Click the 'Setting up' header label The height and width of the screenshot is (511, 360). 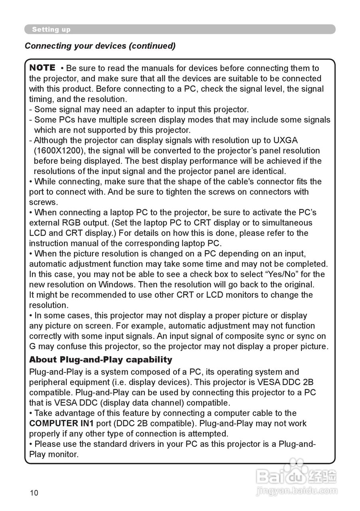pos(51,30)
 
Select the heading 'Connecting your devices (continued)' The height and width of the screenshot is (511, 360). pos(100,46)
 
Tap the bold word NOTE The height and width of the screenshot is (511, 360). pos(42,68)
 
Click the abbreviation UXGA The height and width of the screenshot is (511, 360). pos(285,141)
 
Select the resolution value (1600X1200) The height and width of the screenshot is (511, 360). pos(58,151)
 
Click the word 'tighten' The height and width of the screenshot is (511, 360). pos(187,192)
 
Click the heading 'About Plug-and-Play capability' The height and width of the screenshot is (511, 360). pos(101,360)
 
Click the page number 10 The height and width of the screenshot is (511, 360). pos(34,493)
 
